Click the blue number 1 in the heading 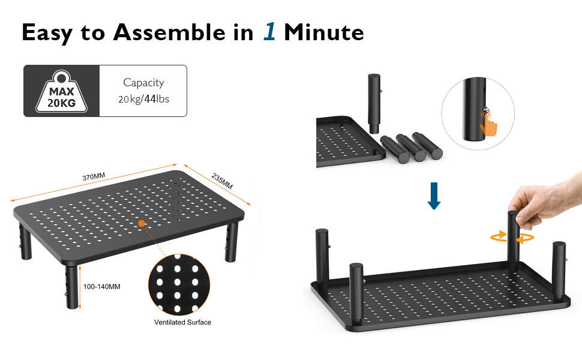(269, 32)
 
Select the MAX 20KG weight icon (61, 91)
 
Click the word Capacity (143, 83)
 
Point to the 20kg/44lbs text (143, 99)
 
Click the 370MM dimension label (94, 176)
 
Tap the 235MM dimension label (222, 181)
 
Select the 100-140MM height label (102, 286)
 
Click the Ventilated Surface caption (182, 322)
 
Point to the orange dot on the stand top (142, 223)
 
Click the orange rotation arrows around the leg (512, 238)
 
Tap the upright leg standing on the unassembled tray (374, 102)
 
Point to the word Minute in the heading (324, 32)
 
